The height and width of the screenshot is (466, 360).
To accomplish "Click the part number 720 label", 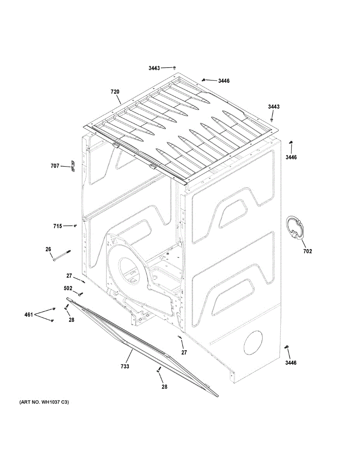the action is tap(115, 92).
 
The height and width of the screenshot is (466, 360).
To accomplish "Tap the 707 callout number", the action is tap(55, 166).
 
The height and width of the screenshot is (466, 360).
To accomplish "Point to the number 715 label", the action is tap(57, 226).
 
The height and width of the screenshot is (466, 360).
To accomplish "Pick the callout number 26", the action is tap(48, 249).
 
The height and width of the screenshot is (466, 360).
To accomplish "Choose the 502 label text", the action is tap(68, 288).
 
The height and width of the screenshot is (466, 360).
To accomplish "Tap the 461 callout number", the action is tap(28, 314).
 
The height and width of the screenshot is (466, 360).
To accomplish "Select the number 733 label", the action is tap(125, 366).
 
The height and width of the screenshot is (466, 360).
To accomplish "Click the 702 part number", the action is tap(307, 251).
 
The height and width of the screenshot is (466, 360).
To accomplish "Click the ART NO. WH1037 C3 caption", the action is tap(44, 402).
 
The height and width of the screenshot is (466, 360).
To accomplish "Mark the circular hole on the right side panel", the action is tap(253, 343).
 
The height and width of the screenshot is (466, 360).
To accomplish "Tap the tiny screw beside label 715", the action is tap(75, 225).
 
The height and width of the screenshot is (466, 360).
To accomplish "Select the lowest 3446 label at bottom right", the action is tap(290, 363).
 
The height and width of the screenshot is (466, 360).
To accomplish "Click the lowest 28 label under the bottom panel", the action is tap(164, 387).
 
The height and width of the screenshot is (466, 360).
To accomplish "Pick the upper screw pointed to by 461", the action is tap(54, 309).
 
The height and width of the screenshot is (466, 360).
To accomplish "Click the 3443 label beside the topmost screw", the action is tap(154, 68).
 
